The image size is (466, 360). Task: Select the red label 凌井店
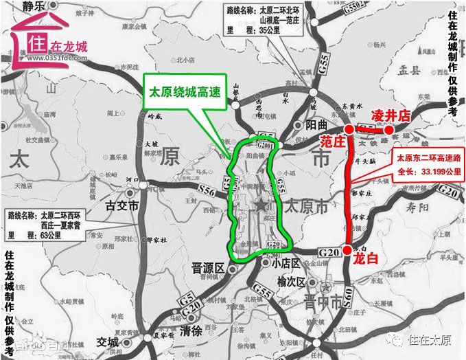(x=391, y=115)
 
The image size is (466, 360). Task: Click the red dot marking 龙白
(x=348, y=249)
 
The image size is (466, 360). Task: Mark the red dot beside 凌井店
(x=388, y=129)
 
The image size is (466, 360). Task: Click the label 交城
(x=108, y=341)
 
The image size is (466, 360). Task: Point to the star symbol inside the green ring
(x=261, y=205)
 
